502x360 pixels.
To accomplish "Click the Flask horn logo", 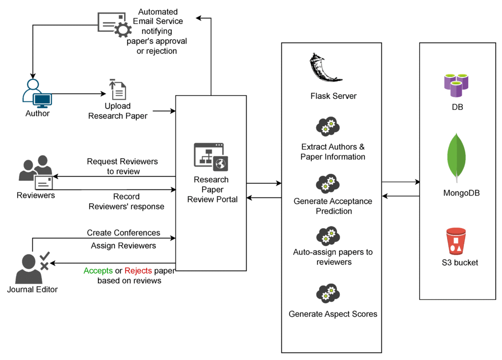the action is (x=324, y=68).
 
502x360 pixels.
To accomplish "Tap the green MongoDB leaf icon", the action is (x=456, y=157).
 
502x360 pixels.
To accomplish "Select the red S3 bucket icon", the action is (x=456, y=241).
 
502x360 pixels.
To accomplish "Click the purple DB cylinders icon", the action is (x=456, y=85).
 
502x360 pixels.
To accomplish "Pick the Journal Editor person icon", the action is (x=32, y=268).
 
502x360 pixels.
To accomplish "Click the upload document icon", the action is (x=118, y=90).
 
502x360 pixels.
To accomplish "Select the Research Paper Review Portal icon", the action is (x=211, y=157).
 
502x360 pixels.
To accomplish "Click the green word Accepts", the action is (x=98, y=271).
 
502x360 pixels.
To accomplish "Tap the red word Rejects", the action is (x=138, y=271).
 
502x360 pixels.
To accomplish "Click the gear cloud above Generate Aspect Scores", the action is (x=328, y=293).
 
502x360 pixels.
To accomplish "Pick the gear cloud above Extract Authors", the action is (x=328, y=126).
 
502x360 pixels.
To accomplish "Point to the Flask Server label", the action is (x=333, y=96).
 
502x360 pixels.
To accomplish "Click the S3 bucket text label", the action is (x=460, y=263).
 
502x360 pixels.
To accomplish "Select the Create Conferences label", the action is (x=124, y=233).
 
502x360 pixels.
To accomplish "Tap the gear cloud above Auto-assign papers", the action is (x=328, y=236).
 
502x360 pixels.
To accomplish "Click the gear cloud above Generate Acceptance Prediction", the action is (x=328, y=184).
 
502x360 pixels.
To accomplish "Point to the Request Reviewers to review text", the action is (x=123, y=166).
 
